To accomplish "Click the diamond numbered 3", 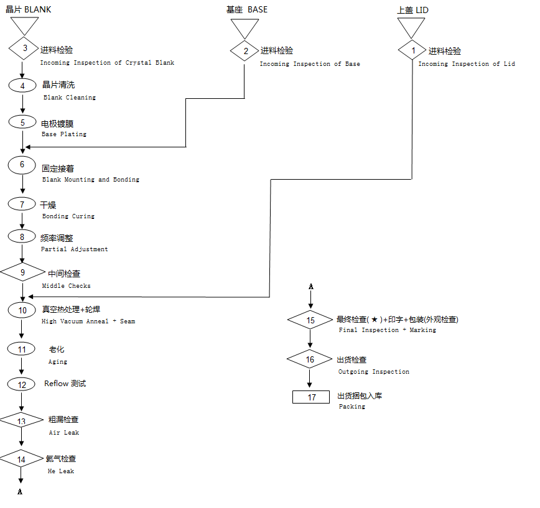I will click(x=24, y=48).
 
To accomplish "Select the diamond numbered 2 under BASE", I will click(x=245, y=51).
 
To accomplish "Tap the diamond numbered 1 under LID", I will click(x=413, y=49).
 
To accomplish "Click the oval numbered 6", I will click(x=22, y=165).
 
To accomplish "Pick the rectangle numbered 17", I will click(x=311, y=397).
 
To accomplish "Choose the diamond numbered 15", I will click(x=310, y=320).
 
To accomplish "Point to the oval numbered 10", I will click(x=22, y=310).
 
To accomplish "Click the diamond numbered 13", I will click(x=22, y=421).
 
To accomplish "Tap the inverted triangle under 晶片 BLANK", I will click(x=24, y=25).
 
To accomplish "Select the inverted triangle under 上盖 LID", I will click(x=411, y=26).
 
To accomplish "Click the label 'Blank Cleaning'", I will click(x=70, y=98).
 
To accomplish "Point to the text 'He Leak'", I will click(x=61, y=471).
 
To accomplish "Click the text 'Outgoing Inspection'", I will click(x=373, y=372).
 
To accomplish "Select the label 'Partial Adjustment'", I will click(x=74, y=249).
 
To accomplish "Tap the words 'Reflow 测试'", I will click(x=65, y=384).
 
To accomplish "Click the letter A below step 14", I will click(x=20, y=492).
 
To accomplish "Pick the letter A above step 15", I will click(x=311, y=287).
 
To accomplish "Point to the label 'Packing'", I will click(x=351, y=407).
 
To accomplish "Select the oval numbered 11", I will click(x=22, y=349).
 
